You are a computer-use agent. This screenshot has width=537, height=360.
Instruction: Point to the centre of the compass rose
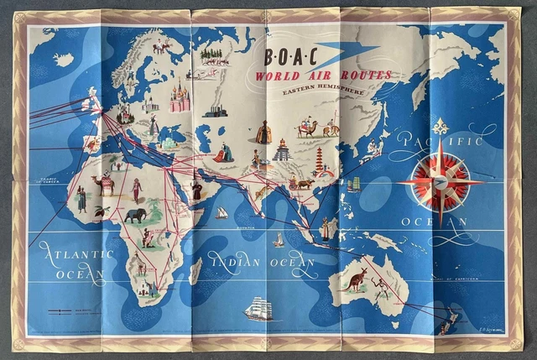(440, 182)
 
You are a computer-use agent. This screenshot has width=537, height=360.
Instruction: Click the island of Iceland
(63, 60)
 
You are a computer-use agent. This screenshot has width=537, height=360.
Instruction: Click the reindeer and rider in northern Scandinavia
(159, 46)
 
